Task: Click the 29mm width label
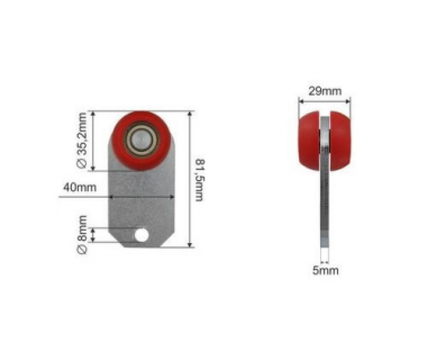[x=324, y=91]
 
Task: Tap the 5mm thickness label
[x=325, y=271]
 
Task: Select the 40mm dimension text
[x=79, y=187]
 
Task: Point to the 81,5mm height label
[x=199, y=179]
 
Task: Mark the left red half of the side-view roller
[x=310, y=142]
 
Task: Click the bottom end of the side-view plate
[x=324, y=240]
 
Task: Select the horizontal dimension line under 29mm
[x=324, y=100]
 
